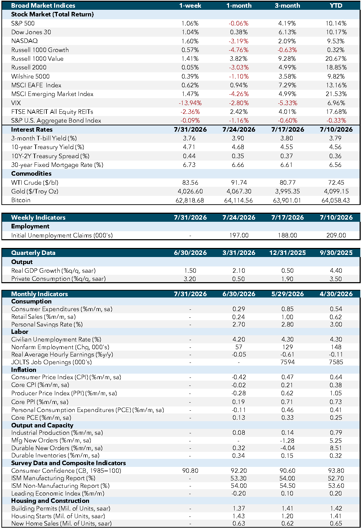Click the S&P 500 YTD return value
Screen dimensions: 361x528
tap(336, 23)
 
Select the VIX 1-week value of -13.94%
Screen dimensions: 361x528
tap(190, 103)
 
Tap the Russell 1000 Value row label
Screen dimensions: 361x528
tap(37, 59)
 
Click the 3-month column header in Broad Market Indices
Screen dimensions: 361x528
tap(287, 6)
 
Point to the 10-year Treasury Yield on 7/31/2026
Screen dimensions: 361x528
tap(189, 147)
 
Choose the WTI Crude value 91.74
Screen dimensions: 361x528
tap(239, 183)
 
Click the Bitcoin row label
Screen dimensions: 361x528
tap(21, 200)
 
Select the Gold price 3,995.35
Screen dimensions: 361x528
tap(287, 191)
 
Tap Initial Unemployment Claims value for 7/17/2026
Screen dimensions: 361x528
tap(287, 235)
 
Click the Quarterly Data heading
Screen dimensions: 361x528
tap(33, 253)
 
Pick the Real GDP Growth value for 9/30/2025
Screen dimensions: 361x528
tap(336, 271)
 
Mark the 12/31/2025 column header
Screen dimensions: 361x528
tap(287, 253)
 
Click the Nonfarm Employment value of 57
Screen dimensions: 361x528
tap(239, 347)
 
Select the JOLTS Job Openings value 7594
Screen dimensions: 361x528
tap(287, 362)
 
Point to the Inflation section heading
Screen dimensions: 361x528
tap(23, 369)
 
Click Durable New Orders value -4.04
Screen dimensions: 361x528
tap(287, 448)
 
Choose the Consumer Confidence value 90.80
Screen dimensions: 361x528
tap(190, 470)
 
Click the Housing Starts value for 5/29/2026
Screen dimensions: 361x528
tap(287, 516)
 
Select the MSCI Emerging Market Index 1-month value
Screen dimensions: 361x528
tap(239, 94)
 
